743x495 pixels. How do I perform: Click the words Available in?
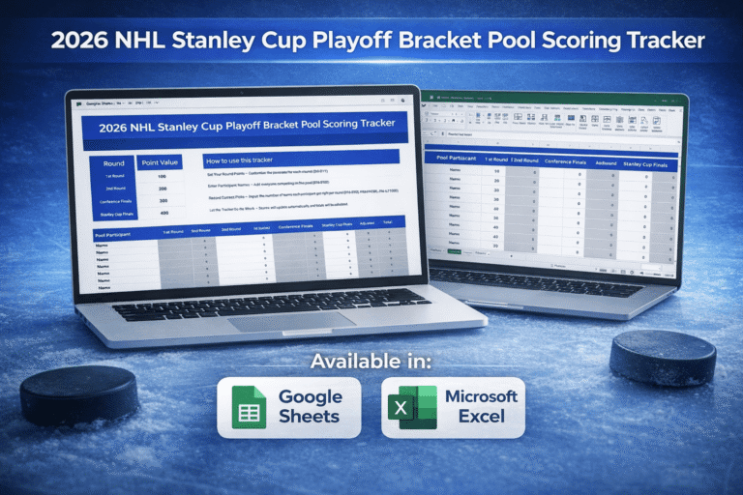click(371, 362)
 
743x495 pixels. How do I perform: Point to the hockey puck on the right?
click(662, 357)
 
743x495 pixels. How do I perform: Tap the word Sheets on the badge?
click(309, 417)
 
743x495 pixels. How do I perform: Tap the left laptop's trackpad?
click(279, 320)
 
